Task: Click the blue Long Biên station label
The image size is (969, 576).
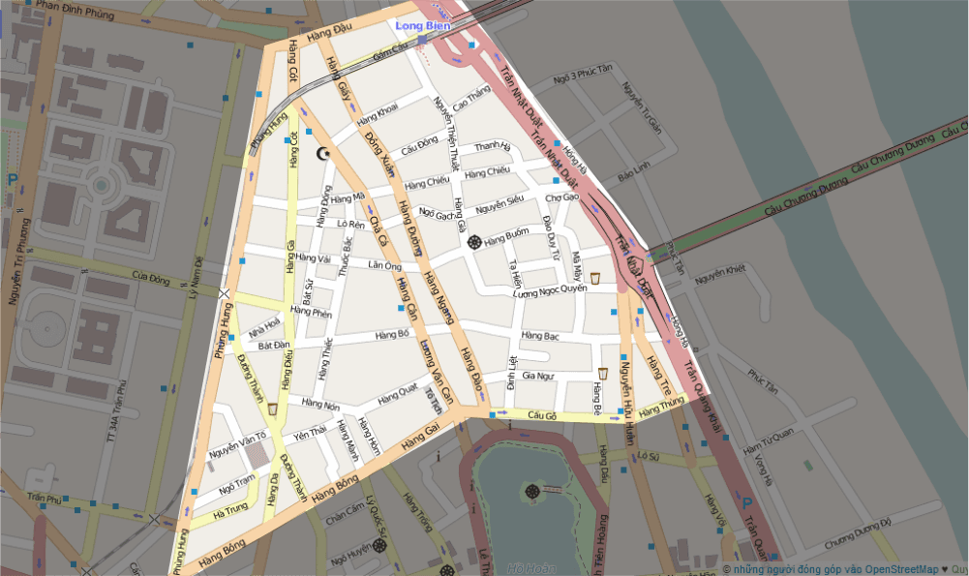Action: point(423,25)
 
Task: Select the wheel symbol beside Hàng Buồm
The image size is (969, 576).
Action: point(473,241)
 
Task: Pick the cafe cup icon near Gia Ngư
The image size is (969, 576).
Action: point(602,373)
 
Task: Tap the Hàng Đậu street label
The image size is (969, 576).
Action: point(325,37)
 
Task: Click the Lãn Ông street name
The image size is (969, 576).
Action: point(384,265)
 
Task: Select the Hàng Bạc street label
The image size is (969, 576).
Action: point(539,336)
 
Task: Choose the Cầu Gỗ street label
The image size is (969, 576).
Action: point(543,415)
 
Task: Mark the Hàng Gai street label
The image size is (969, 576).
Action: point(421,441)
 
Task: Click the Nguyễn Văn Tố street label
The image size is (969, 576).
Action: point(237,449)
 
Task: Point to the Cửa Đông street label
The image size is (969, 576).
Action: point(151,280)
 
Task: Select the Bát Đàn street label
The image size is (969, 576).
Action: point(274,345)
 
